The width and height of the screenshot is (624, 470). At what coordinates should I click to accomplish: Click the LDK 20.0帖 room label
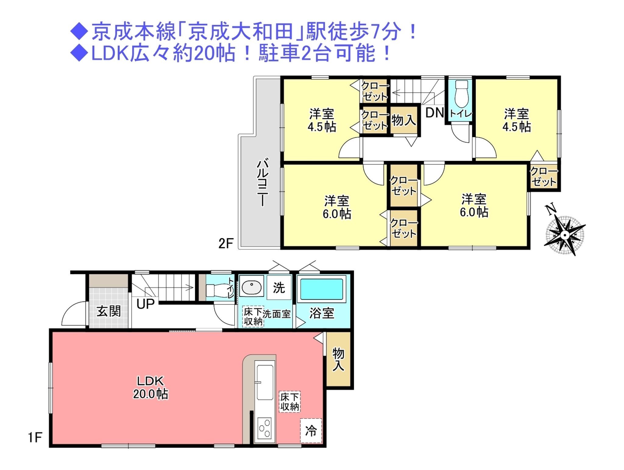[150, 387]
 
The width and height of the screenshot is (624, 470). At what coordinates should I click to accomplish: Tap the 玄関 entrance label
[108, 311]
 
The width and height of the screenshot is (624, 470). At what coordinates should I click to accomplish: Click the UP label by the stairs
[145, 304]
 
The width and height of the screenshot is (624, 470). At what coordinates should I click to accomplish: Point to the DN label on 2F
[434, 113]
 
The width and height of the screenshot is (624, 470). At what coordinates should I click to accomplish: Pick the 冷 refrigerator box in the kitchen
[311, 431]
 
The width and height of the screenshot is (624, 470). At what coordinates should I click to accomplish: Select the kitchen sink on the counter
[265, 382]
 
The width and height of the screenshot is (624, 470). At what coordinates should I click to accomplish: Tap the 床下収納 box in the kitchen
[290, 402]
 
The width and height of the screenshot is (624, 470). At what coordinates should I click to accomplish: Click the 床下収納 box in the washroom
[253, 317]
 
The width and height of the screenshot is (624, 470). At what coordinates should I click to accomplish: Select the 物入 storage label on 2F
[403, 120]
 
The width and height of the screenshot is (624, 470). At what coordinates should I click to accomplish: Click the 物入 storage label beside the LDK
[338, 360]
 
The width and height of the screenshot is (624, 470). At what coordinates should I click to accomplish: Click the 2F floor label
[225, 244]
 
